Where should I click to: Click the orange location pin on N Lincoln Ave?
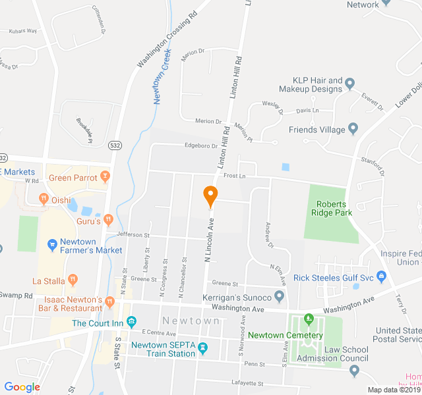pyautogui.click(x=210, y=196)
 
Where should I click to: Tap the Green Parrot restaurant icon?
pyautogui.click(x=105, y=177)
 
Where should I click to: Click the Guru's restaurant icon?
pyautogui.click(x=109, y=219)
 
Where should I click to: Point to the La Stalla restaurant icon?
pyautogui.click(x=73, y=280)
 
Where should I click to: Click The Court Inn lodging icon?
pyautogui.click(x=132, y=323)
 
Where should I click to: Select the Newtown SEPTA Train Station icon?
pyautogui.click(x=202, y=348)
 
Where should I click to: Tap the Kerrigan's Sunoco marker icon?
pyautogui.click(x=279, y=298)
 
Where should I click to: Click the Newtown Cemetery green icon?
pyautogui.click(x=309, y=320)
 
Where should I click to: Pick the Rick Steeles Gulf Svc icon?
pyautogui.click(x=380, y=277)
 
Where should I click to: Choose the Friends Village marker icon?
pyautogui.click(x=353, y=129)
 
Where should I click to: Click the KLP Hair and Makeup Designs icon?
pyautogui.click(x=350, y=84)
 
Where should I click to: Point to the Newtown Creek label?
pyautogui.click(x=162, y=76)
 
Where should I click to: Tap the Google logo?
pyautogui.click(x=22, y=387)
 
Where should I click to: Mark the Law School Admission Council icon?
pyautogui.click(x=355, y=371)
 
